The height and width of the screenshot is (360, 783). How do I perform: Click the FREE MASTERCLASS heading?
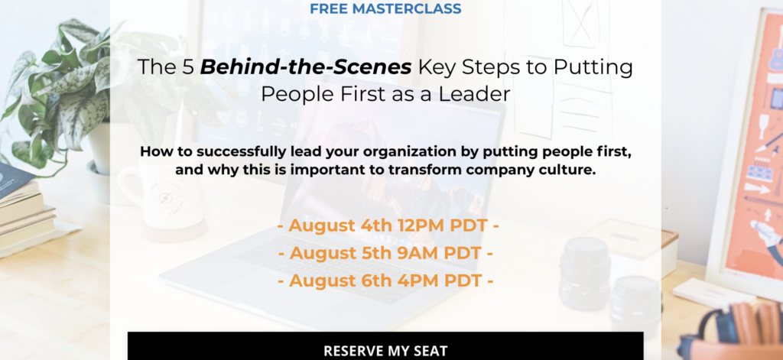click(385, 8)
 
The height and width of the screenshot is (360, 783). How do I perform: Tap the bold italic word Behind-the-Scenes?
click(306, 67)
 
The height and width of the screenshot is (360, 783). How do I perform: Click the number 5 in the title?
click(187, 67)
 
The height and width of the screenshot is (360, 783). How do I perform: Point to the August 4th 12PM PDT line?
click(388, 225)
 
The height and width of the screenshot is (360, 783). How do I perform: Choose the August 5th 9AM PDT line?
click(385, 253)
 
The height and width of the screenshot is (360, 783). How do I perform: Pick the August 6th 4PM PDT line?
click(385, 281)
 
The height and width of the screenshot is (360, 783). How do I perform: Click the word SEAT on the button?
click(430, 351)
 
